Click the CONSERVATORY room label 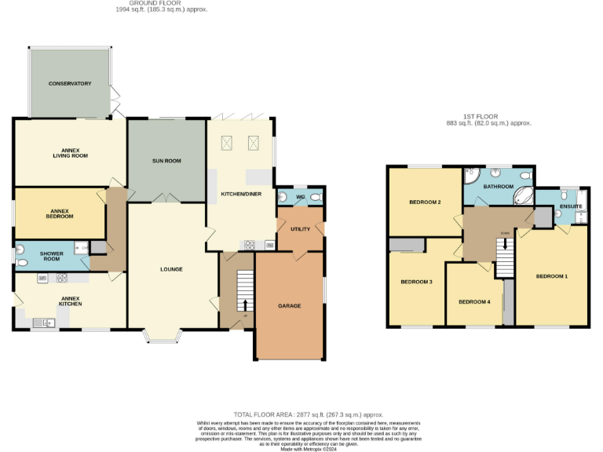[70, 83]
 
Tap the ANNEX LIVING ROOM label [70, 153]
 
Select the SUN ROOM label [166, 161]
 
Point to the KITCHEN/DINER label [241, 192]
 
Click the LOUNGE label [171, 269]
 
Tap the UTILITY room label [300, 228]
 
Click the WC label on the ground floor [300, 196]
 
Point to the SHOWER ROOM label [51, 256]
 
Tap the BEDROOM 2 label [425, 202]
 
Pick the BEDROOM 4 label [474, 301]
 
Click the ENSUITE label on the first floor [570, 207]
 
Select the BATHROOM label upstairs [498, 187]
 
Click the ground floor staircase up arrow [245, 304]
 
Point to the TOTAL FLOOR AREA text [308, 414]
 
